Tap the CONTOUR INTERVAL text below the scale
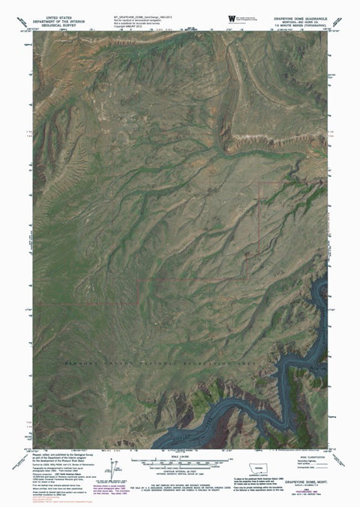click(181, 472)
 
